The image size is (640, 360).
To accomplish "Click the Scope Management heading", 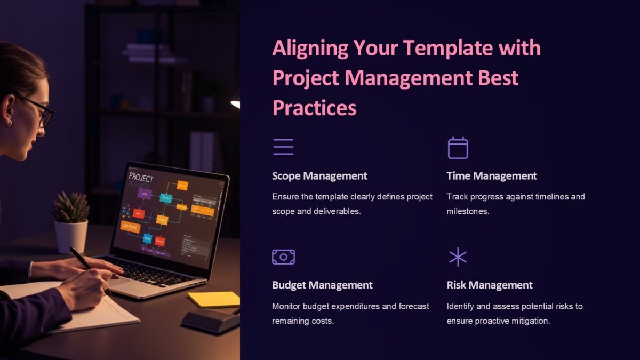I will point(319,176).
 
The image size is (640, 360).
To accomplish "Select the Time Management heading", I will point(491,176).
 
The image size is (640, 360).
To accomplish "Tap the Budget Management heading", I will point(322,285).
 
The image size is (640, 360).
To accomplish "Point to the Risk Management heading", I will point(489,285).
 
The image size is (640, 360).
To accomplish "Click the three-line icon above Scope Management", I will point(283,147).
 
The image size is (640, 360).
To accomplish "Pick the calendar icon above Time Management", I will point(458,148).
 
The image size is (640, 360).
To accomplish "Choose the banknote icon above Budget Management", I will point(283,257).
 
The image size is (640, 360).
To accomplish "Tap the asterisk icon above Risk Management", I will point(458,257).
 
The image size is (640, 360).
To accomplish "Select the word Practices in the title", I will point(314,108).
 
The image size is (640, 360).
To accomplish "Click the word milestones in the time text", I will point(468,211).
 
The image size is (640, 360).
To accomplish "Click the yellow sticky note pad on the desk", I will point(214,299).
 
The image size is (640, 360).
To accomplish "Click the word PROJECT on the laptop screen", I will point(141,179).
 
